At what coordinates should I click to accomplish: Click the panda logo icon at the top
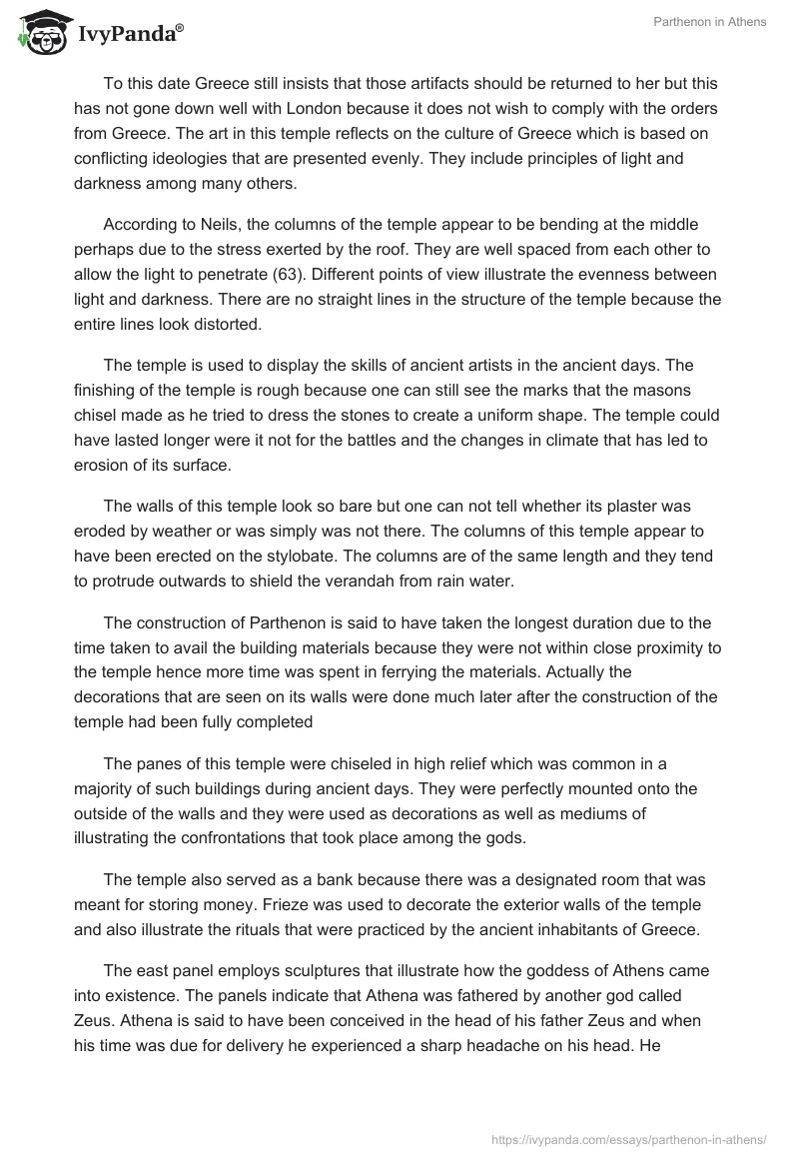click(41, 33)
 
